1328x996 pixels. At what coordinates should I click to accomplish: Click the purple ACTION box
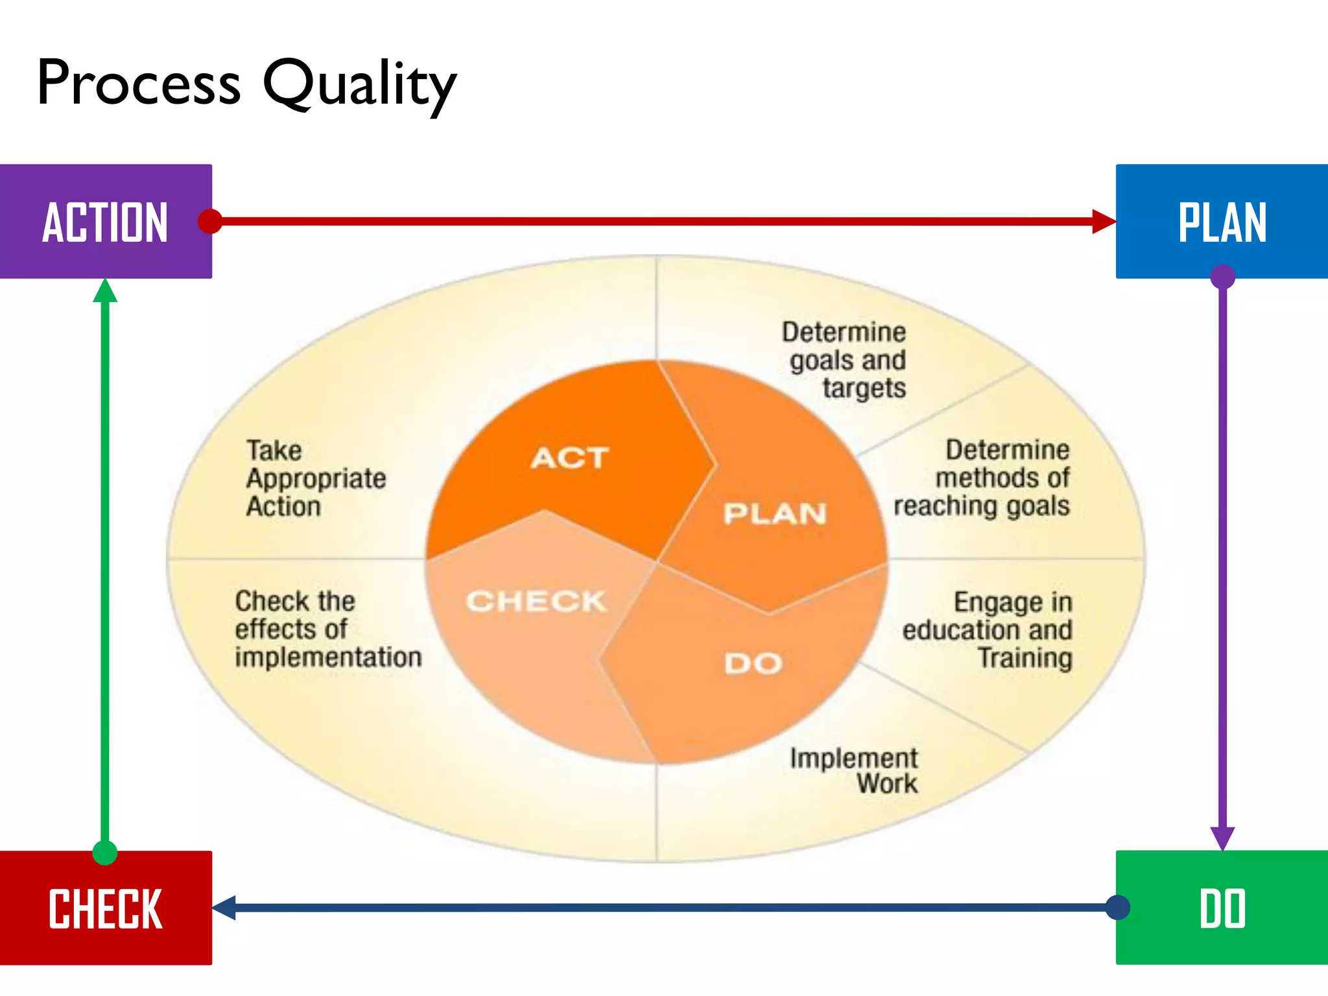click(x=106, y=221)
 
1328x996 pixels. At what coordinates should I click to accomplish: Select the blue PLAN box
click(x=1222, y=221)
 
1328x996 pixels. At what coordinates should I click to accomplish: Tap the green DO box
click(x=1222, y=908)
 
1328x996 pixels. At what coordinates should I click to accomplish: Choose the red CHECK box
click(x=106, y=908)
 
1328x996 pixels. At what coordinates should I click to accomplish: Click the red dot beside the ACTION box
click(x=210, y=221)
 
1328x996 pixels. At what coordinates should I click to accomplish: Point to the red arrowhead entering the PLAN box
click(x=1104, y=221)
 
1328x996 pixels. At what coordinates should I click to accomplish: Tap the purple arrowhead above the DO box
click(x=1222, y=837)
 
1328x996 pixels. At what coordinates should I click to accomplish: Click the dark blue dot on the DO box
click(x=1118, y=907)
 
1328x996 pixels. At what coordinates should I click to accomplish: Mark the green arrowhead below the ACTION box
click(x=105, y=291)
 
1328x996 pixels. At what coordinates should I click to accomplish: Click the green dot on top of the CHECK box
click(x=105, y=852)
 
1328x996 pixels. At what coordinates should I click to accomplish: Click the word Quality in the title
click(x=360, y=84)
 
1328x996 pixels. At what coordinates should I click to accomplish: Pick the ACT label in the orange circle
click(x=569, y=458)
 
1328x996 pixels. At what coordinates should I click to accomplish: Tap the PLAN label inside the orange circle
click(x=775, y=514)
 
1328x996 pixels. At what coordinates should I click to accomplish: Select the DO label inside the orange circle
click(x=753, y=663)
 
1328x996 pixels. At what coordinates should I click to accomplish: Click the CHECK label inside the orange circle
click(x=536, y=601)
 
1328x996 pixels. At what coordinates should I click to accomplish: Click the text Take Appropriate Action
click(x=316, y=479)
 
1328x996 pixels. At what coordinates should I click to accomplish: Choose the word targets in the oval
click(x=864, y=388)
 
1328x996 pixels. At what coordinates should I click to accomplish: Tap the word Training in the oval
click(x=1025, y=658)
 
